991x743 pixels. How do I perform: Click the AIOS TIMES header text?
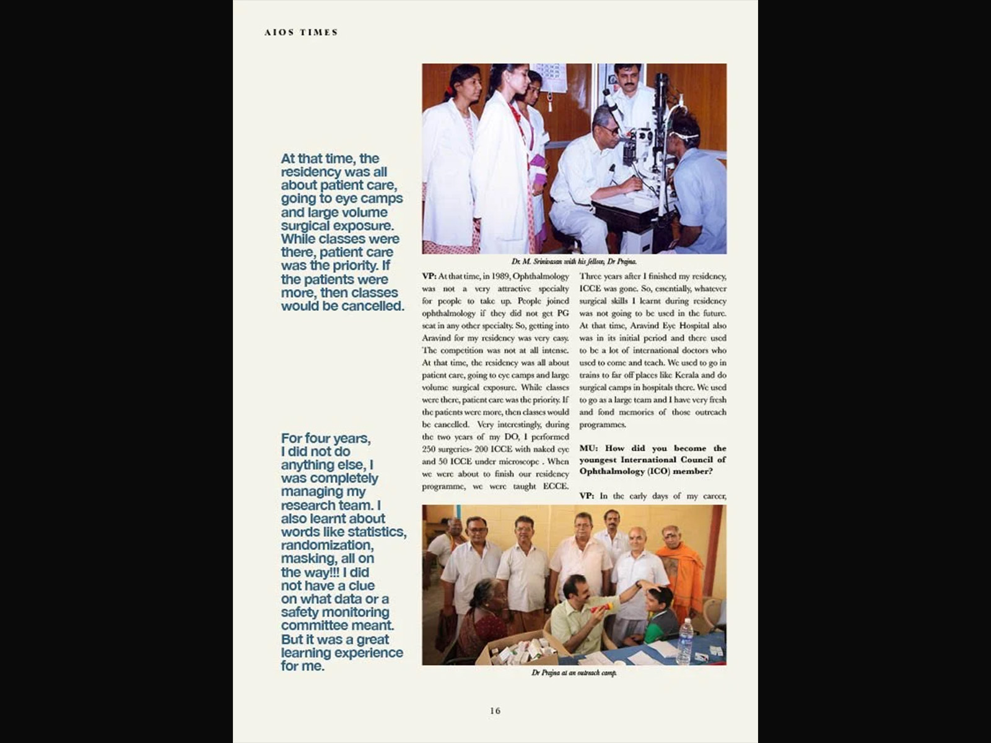tap(301, 32)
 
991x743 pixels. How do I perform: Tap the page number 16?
tap(495, 710)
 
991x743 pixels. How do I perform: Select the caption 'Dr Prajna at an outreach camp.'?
tap(574, 672)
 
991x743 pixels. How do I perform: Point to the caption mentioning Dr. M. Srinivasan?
tap(574, 261)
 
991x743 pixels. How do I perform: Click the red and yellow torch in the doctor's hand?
tap(604, 608)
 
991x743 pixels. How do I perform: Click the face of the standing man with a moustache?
tap(627, 77)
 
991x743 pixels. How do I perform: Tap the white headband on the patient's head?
tap(683, 134)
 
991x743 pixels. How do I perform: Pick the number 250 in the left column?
tap(430, 449)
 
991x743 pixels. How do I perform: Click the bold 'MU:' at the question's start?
tap(589, 448)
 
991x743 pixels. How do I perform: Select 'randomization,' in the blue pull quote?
tap(327, 545)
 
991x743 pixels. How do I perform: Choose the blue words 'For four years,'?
tap(326, 438)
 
